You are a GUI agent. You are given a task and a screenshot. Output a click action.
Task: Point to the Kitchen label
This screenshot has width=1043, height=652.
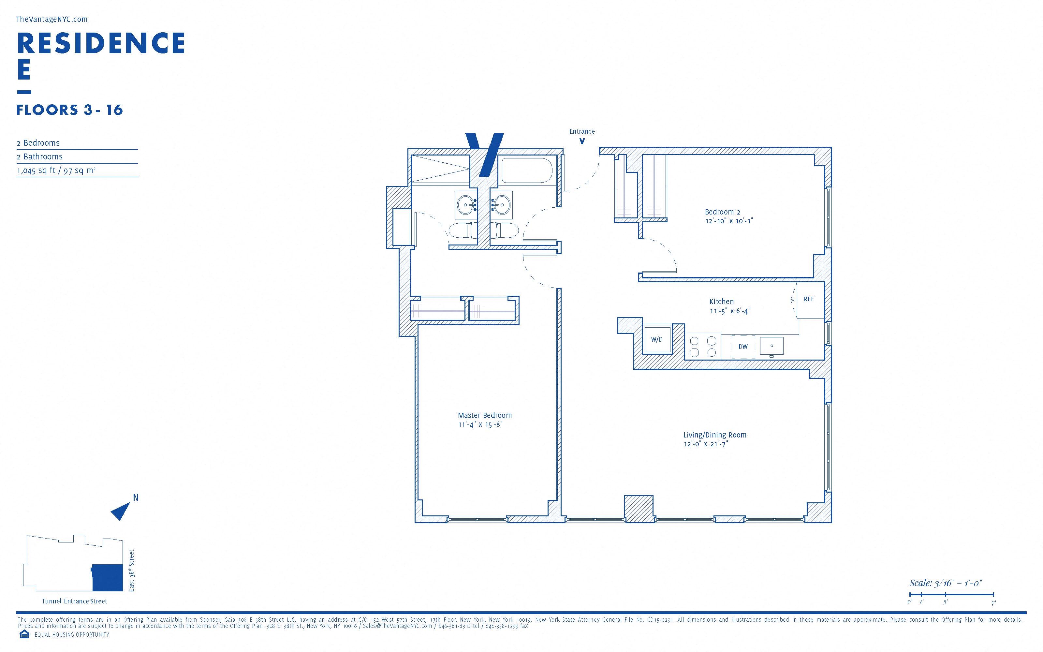click(x=722, y=302)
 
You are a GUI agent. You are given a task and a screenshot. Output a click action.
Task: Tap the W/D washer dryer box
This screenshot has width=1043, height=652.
click(x=657, y=339)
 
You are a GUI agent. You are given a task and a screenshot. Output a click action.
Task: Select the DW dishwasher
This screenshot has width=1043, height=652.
click(x=743, y=346)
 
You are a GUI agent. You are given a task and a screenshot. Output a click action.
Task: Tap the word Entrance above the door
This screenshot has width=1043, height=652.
click(x=582, y=131)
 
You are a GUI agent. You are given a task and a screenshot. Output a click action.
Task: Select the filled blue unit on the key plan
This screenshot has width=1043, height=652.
click(x=107, y=577)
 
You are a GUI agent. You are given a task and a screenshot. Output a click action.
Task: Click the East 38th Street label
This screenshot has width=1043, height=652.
click(x=131, y=570)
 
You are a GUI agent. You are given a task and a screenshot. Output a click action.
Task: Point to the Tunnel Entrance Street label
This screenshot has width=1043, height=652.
click(x=75, y=601)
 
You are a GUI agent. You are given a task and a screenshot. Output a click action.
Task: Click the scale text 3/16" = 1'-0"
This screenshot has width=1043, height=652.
click(x=945, y=583)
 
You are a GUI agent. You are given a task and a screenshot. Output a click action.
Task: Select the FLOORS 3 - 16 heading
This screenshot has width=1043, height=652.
click(x=70, y=110)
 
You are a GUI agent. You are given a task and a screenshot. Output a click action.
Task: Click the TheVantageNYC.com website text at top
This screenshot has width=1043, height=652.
click(x=52, y=20)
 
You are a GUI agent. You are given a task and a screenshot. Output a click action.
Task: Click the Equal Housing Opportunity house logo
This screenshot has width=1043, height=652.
click(x=24, y=634)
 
